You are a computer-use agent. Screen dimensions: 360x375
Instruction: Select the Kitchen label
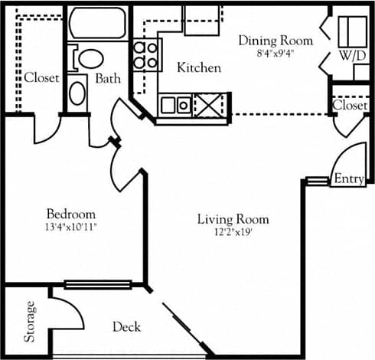(199, 68)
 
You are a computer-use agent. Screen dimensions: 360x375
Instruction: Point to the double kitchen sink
(175, 104)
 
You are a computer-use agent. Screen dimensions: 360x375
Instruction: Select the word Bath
(109, 78)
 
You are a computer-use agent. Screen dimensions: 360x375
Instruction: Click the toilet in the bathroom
(91, 60)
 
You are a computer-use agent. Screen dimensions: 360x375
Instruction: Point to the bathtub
(97, 25)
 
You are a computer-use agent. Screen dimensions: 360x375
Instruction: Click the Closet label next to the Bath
(41, 78)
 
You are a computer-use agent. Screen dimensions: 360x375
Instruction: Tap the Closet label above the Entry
(351, 106)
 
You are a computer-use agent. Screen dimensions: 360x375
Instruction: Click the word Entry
(349, 178)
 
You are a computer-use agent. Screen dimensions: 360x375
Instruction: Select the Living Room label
(233, 219)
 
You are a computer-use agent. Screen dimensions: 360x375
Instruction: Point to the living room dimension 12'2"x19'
(233, 232)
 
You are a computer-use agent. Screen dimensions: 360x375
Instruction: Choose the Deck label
(126, 327)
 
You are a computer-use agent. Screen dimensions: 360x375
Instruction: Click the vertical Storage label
(31, 322)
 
